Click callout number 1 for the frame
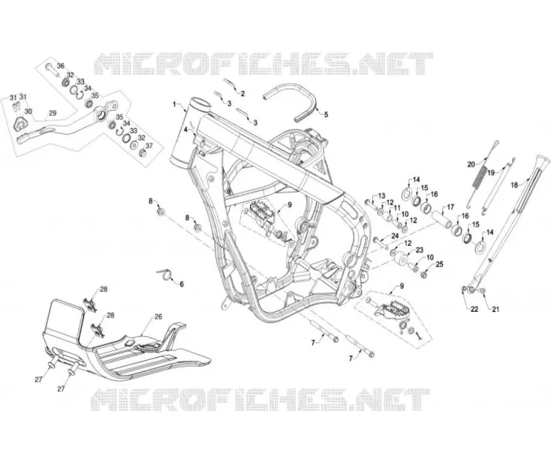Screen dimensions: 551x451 click(174, 104)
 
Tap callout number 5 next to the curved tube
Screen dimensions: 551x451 click(326, 115)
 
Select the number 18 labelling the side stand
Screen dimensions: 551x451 click(514, 185)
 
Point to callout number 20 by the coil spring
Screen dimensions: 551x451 click(471, 164)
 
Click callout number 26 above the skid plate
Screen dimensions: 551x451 click(158, 316)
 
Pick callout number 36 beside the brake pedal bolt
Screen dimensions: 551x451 click(61, 66)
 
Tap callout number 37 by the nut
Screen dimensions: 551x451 click(149, 146)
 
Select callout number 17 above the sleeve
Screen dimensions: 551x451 click(450, 207)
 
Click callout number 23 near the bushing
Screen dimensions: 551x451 click(420, 250)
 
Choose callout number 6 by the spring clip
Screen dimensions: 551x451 click(182, 284)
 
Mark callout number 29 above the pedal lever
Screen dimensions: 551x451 click(53, 114)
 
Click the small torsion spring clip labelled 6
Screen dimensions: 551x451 click(165, 273)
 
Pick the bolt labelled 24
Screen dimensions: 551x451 click(378, 243)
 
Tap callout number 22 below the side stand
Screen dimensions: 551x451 click(474, 309)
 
